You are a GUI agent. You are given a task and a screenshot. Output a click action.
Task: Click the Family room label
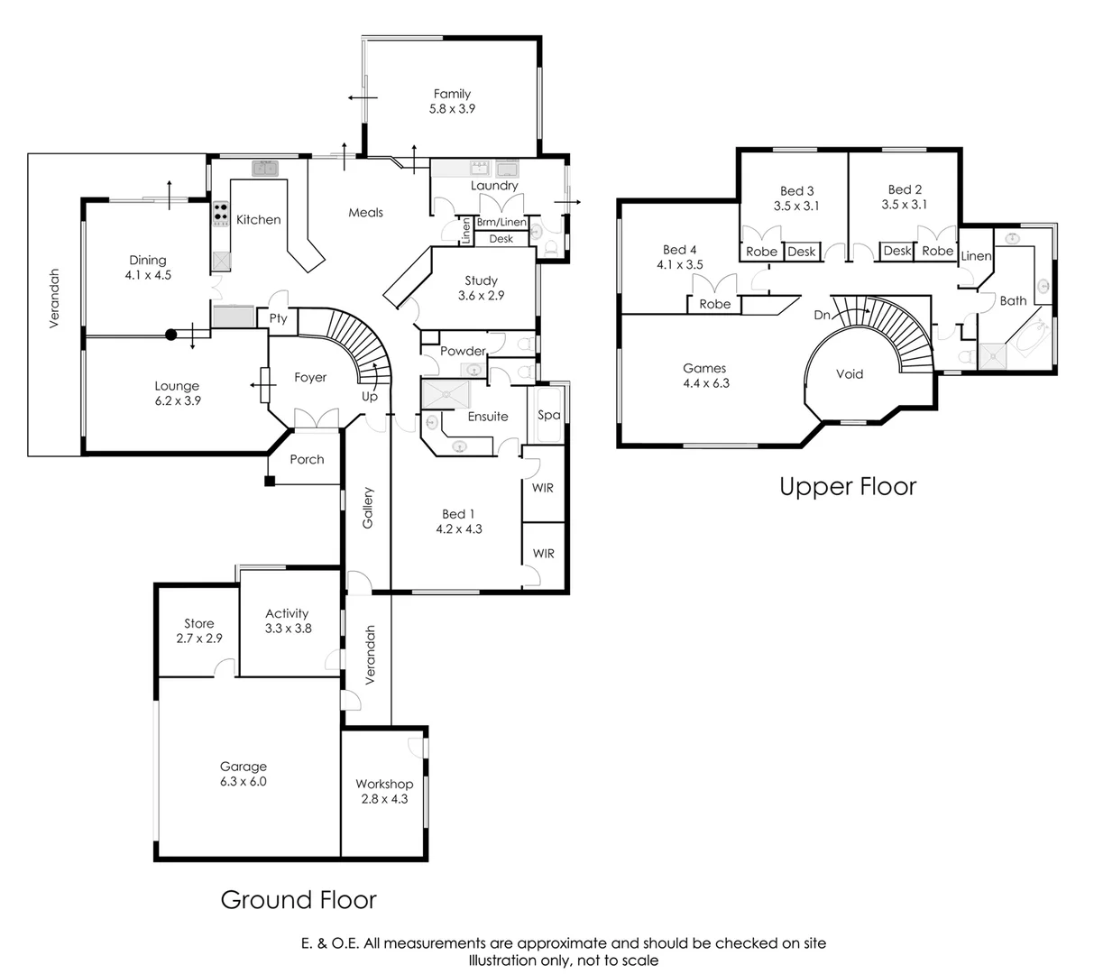pyautogui.click(x=452, y=94)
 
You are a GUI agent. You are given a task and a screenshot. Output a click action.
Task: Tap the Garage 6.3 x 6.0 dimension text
pyautogui.click(x=243, y=782)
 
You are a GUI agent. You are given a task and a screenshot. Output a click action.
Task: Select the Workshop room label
pyautogui.click(x=383, y=784)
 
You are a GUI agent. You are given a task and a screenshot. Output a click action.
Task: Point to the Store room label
pyautogui.click(x=198, y=623)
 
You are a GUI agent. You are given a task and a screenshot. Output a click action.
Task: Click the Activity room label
pyautogui.click(x=287, y=613)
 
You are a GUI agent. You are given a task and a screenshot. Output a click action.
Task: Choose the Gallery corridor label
pyautogui.click(x=368, y=508)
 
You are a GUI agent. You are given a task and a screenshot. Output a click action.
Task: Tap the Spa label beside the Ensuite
pyautogui.click(x=548, y=415)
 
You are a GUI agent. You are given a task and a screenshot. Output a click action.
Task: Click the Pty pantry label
pyautogui.click(x=278, y=318)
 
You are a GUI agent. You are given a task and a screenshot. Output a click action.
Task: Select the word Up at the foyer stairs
pyautogui.click(x=370, y=396)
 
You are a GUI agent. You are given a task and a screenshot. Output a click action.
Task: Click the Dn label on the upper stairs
pyautogui.click(x=822, y=315)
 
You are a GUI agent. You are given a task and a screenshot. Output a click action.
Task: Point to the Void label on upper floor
pyautogui.click(x=850, y=373)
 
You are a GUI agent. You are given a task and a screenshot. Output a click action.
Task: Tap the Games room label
pyautogui.click(x=703, y=368)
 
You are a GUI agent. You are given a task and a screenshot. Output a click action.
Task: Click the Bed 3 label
pyautogui.click(x=796, y=190)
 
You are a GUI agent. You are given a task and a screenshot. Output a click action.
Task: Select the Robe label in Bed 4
pyautogui.click(x=714, y=304)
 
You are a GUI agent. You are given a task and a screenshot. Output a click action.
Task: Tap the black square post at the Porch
pyautogui.click(x=269, y=481)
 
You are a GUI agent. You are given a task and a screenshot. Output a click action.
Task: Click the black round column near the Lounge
pyautogui.click(x=170, y=335)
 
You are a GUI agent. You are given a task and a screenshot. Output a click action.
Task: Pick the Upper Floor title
pyautogui.click(x=847, y=487)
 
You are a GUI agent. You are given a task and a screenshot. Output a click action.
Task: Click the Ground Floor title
pyautogui.click(x=299, y=899)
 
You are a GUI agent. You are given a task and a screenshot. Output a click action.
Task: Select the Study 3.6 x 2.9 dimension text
pyautogui.click(x=480, y=295)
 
